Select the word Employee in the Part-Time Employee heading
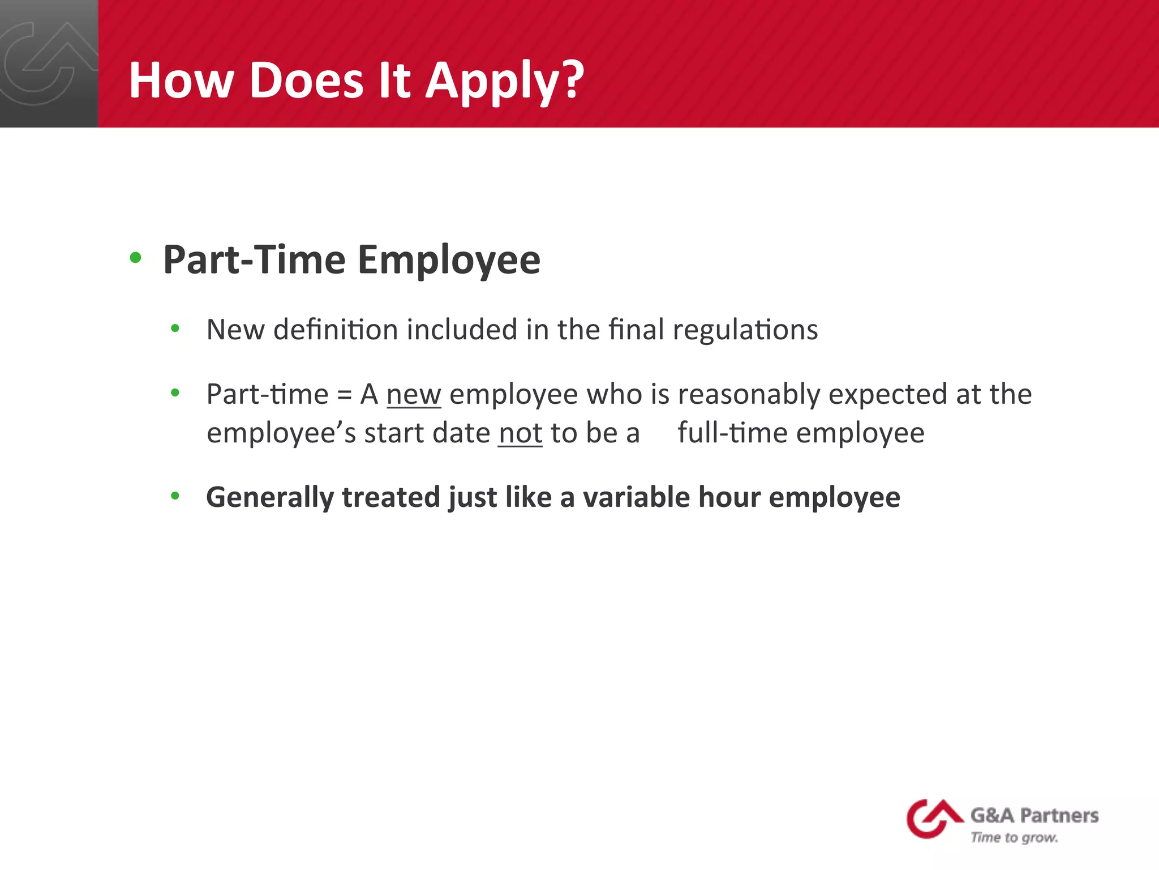point(449,260)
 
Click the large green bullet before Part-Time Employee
point(135,258)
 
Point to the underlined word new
point(414,394)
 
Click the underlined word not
point(520,433)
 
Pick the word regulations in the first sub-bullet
point(745,330)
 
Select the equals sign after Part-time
point(344,395)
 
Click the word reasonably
point(749,395)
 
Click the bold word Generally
point(269,498)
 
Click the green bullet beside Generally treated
point(175,496)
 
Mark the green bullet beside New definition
point(175,328)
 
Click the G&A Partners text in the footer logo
point(1034,816)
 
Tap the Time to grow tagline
point(1014,838)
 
